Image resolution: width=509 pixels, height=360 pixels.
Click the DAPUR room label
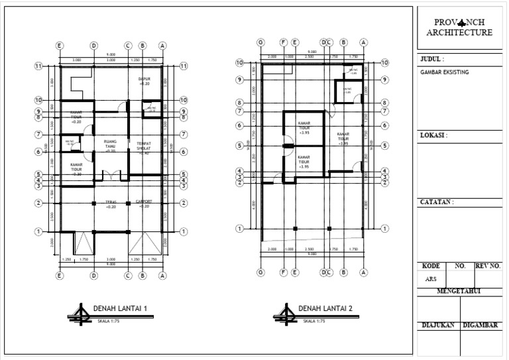click(x=144, y=81)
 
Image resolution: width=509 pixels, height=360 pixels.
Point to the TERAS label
click(x=111, y=204)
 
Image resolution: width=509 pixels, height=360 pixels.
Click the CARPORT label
click(x=144, y=204)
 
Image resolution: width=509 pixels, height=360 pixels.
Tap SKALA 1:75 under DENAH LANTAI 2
click(x=314, y=321)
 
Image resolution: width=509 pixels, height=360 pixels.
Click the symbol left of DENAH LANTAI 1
click(x=81, y=314)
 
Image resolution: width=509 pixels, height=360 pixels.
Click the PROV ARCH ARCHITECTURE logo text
click(x=459, y=27)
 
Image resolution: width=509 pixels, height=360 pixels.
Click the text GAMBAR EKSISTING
click(x=444, y=72)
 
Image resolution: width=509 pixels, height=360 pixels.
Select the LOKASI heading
click(x=434, y=135)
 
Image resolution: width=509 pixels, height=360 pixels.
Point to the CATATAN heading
click(x=437, y=202)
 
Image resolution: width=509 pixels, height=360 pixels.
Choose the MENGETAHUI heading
click(x=459, y=290)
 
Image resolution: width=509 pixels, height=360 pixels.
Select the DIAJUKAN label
click(x=438, y=325)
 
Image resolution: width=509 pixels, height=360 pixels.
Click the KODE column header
click(x=431, y=265)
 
